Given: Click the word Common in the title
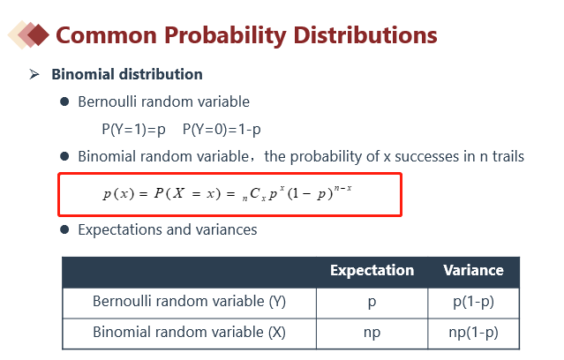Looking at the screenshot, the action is coord(107,35).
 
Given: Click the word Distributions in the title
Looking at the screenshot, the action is coord(365,35).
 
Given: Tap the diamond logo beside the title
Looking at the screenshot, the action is coord(28,35).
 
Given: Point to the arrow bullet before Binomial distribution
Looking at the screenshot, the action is coord(34,74).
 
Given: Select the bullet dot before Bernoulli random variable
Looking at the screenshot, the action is coord(64,101).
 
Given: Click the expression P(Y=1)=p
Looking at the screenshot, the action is coord(133,129).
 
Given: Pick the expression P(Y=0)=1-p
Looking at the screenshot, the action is coord(222,129).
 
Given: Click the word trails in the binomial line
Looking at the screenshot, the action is coord(508,156).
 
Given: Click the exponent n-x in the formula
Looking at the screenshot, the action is coord(342,188).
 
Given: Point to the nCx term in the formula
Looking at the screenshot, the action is coord(254,194).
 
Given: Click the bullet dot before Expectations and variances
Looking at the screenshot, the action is coord(64,229).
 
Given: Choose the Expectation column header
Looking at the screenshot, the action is coord(372,271).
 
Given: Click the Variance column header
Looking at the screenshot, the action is coord(473,271).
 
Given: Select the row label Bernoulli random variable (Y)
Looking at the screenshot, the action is coord(189,302).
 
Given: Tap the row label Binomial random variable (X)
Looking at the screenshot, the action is coord(189,332).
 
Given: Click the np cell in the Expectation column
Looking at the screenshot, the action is coord(372,333).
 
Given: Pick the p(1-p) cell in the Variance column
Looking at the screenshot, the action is coord(473,302).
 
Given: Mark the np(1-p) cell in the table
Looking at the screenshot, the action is coord(473,333).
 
